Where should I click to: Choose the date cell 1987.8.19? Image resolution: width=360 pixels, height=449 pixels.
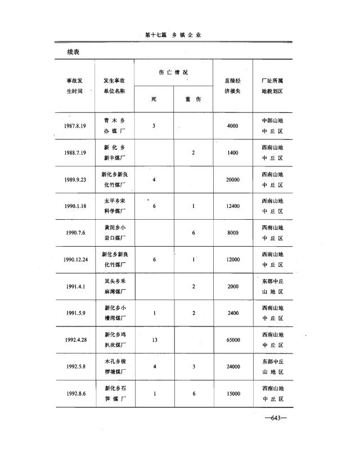coord(75,126)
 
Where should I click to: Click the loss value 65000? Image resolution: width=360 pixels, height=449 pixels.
coord(233,340)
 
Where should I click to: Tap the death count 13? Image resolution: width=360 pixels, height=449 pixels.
coord(154,340)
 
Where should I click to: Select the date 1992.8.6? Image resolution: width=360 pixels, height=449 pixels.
coord(75,393)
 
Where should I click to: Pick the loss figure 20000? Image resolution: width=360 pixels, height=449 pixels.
coord(233,179)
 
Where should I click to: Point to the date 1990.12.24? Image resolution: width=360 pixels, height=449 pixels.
coord(75,260)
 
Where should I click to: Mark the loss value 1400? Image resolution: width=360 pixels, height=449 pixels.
coord(233,153)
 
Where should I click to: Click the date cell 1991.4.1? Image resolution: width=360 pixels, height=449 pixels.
coord(75,287)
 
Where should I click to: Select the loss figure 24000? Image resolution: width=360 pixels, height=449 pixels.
coord(233,367)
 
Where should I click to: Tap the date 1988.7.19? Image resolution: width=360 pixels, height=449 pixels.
coord(75,153)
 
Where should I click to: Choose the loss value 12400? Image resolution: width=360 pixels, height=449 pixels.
coord(233,206)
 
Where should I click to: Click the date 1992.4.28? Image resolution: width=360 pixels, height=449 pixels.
coord(75,340)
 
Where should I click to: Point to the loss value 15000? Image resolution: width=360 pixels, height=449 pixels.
coord(233,393)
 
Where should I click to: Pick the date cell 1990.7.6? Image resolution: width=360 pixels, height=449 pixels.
coord(75,233)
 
